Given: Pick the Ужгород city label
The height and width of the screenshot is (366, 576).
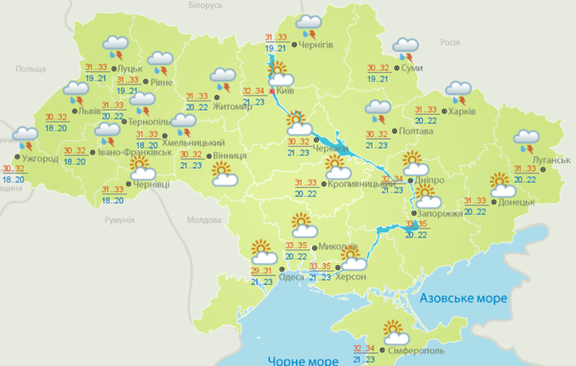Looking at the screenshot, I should (40, 159).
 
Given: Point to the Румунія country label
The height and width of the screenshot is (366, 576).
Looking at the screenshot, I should (119, 219).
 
